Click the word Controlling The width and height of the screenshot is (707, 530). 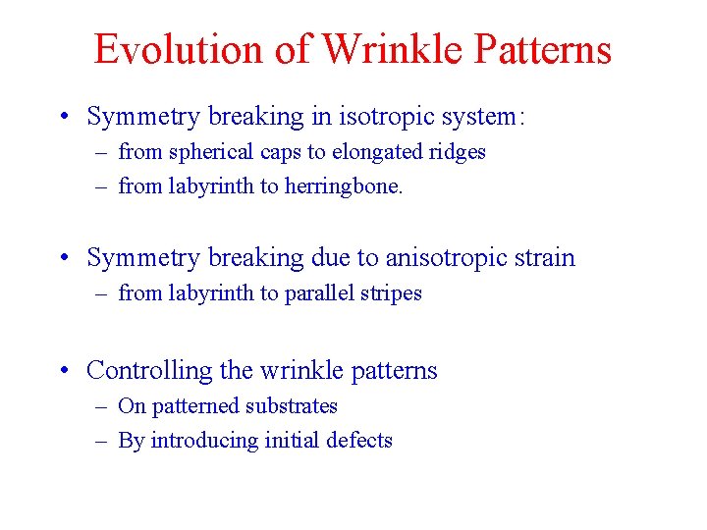[x=149, y=371]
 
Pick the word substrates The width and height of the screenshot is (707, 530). [x=292, y=406]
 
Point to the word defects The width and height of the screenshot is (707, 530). [x=359, y=441]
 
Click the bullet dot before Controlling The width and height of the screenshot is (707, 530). [x=65, y=372]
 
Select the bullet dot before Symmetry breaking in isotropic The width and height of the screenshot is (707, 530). [x=65, y=118]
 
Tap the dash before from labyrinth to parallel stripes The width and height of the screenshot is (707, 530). [x=101, y=293]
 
